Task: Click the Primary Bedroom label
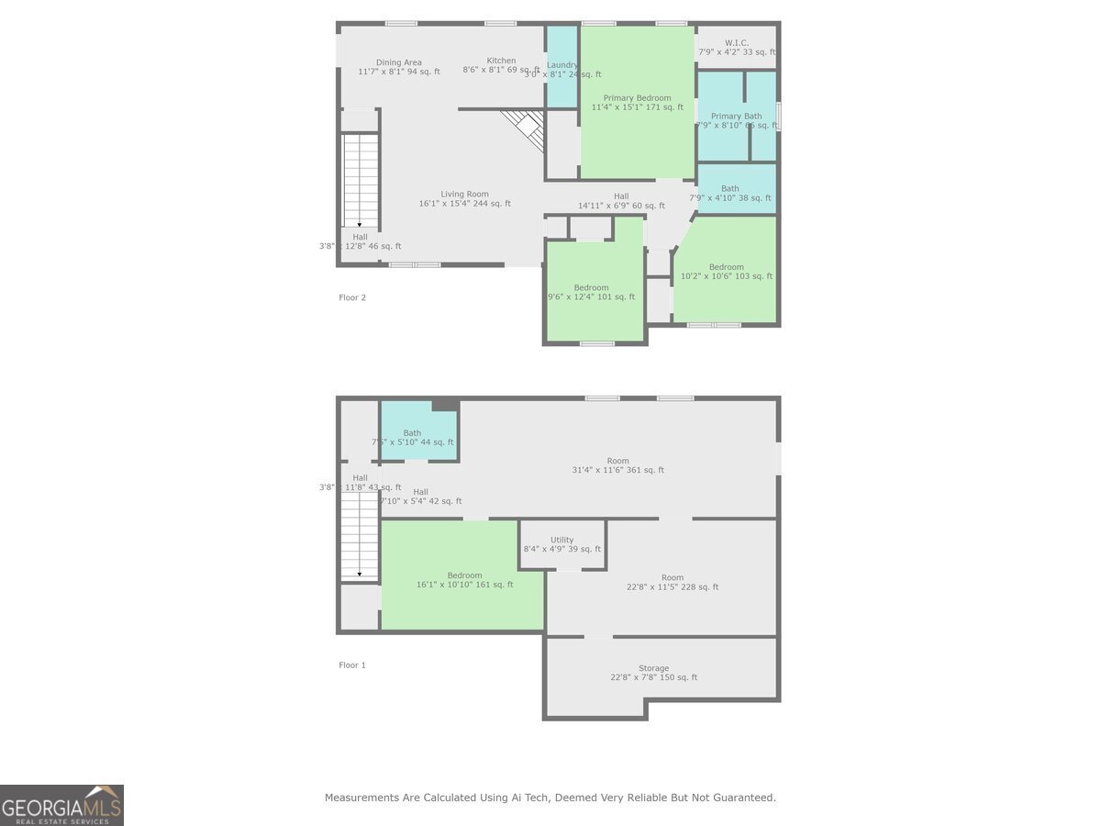(x=637, y=98)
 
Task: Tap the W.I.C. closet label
(x=736, y=42)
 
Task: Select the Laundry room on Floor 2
(x=562, y=66)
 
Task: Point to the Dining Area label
(x=399, y=62)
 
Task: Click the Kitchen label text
(x=501, y=61)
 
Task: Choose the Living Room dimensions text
(x=464, y=204)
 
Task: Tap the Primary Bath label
(x=736, y=117)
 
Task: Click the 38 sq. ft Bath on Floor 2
(x=729, y=189)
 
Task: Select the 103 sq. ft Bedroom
(x=726, y=268)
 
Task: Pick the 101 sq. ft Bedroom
(x=591, y=288)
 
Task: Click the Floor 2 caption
(x=352, y=297)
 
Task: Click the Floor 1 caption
(x=352, y=664)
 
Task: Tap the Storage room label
(x=653, y=668)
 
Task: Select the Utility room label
(x=562, y=540)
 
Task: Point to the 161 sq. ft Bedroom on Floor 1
(x=464, y=575)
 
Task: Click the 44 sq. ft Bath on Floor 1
(x=412, y=433)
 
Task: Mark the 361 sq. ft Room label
(x=617, y=461)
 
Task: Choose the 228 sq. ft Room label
(x=673, y=577)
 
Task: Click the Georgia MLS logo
(x=61, y=805)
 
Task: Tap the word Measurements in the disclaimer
(x=361, y=798)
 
